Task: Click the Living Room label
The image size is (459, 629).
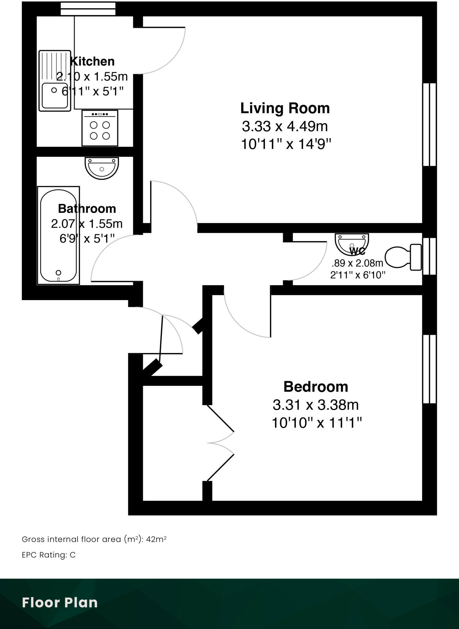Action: [x=285, y=108]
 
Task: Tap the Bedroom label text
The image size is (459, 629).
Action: [x=315, y=387]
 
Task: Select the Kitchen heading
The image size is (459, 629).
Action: [x=92, y=61]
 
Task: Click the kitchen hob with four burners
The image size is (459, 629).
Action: [x=100, y=128]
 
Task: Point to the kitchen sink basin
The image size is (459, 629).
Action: [x=55, y=95]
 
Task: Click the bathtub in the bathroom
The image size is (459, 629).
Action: [x=58, y=236]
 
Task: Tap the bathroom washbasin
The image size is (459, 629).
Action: [x=102, y=168]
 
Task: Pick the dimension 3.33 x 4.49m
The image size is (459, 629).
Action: [x=285, y=126]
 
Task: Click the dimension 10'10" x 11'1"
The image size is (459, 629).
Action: [x=317, y=423]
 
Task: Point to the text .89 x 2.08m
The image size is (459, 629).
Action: [x=357, y=263]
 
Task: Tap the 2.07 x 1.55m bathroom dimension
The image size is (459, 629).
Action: [x=87, y=224]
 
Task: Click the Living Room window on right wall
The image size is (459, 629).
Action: [x=430, y=124]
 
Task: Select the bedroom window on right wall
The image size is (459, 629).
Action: [x=430, y=369]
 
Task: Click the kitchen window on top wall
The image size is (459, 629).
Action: [x=88, y=9]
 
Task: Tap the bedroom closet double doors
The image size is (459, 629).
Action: [x=220, y=443]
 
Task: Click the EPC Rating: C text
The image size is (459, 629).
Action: [x=48, y=555]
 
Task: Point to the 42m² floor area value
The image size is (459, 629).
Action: [x=156, y=539]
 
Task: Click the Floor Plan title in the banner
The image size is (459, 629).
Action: [x=60, y=603]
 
